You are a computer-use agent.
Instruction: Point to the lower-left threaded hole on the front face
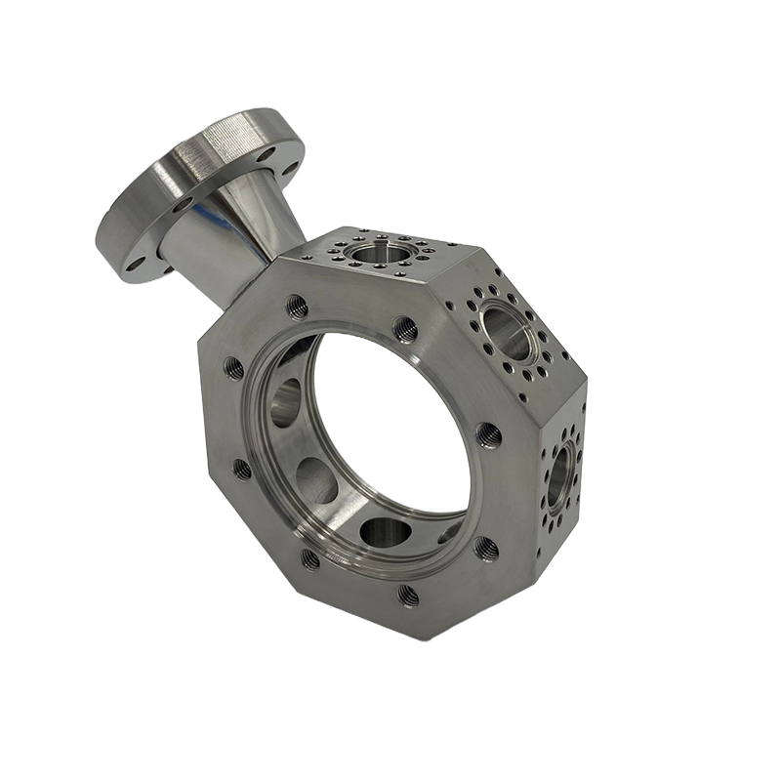[309, 558]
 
